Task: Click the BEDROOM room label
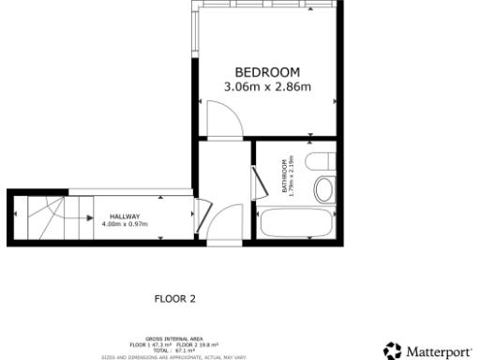pyautogui.click(x=266, y=72)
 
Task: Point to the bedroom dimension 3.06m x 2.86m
pyautogui.click(x=266, y=87)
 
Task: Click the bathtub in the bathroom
pyautogui.click(x=296, y=224)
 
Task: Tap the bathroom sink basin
pyautogui.click(x=325, y=190)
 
